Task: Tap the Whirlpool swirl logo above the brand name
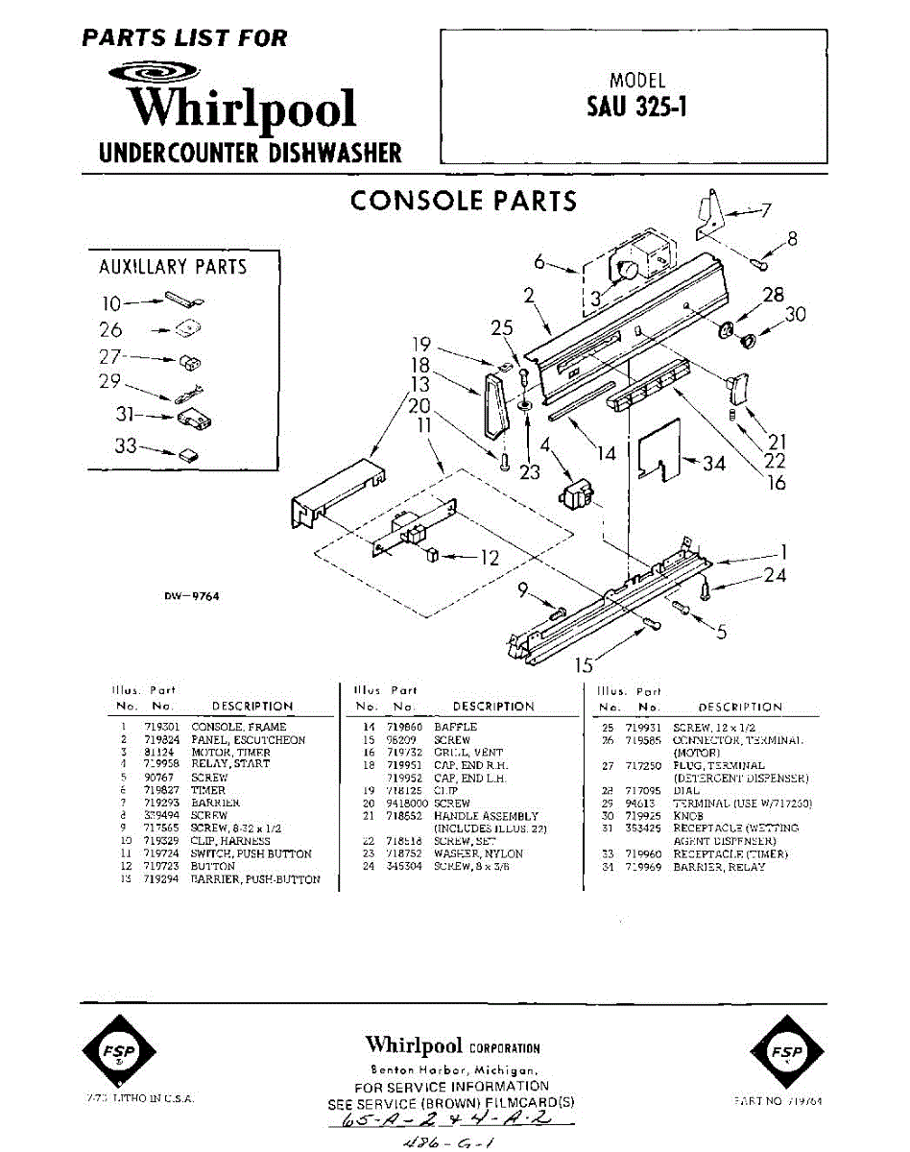pyautogui.click(x=154, y=72)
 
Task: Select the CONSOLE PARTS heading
pyautogui.click(x=464, y=201)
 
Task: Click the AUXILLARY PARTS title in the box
pyautogui.click(x=173, y=267)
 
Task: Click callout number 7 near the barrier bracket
pyautogui.click(x=765, y=210)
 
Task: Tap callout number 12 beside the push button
pyautogui.click(x=489, y=557)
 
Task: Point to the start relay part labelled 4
pyautogui.click(x=576, y=497)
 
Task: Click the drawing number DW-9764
pyautogui.click(x=192, y=596)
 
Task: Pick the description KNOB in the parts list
pyautogui.click(x=688, y=816)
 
